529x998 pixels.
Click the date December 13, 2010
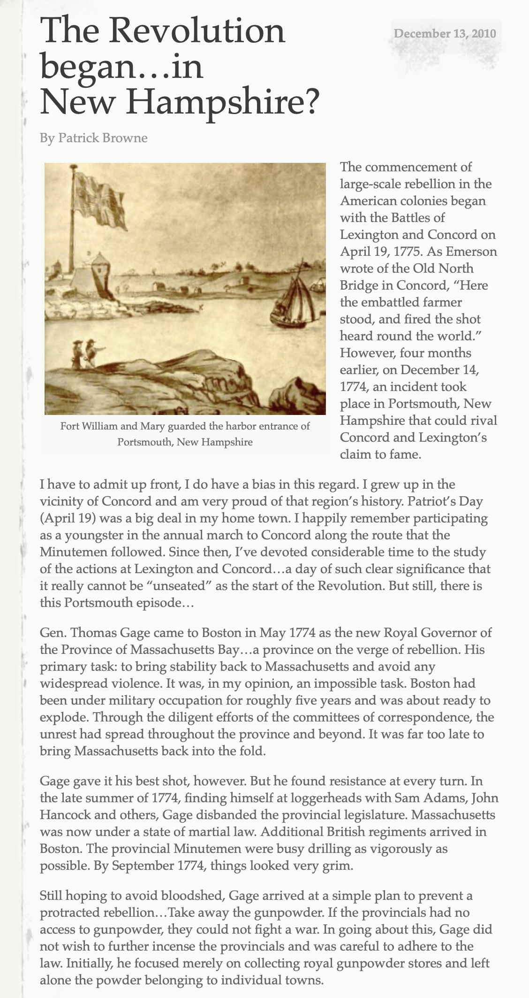point(445,34)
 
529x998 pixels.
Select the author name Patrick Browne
point(103,138)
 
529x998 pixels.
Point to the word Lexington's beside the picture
point(449,438)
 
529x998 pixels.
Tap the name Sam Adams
point(429,798)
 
